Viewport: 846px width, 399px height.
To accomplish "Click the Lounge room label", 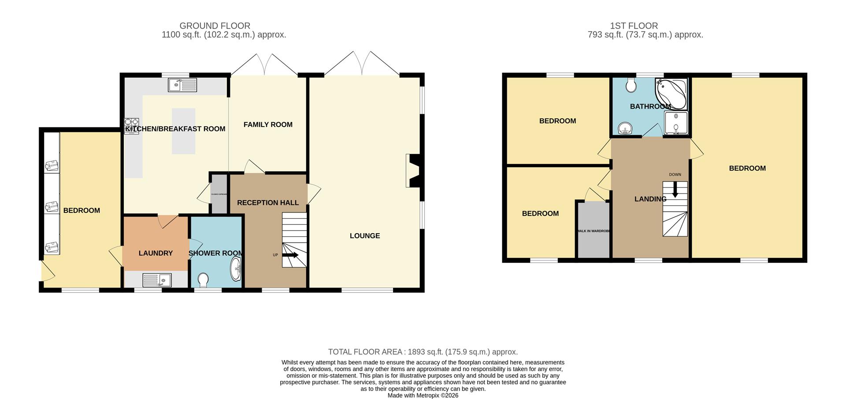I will pyautogui.click(x=364, y=236).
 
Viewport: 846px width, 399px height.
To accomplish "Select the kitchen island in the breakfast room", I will pyautogui.click(x=183, y=131).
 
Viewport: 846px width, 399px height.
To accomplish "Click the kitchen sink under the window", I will pyautogui.click(x=182, y=85).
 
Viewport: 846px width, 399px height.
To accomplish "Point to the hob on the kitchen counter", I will pyautogui.click(x=132, y=126).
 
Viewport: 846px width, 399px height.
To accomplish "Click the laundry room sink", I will pyautogui.click(x=157, y=280).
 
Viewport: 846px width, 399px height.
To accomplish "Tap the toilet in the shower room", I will pyautogui.click(x=204, y=280).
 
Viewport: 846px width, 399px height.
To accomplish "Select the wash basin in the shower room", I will pyautogui.click(x=236, y=269).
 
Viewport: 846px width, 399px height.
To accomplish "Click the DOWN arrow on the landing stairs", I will pyautogui.click(x=675, y=190).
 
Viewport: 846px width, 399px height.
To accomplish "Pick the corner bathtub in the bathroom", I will pyautogui.click(x=671, y=94).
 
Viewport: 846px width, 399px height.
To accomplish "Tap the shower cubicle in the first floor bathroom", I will pyautogui.click(x=676, y=123).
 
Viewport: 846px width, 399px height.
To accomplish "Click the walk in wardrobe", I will pyautogui.click(x=594, y=230).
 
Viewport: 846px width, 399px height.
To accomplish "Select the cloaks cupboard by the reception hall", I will pyautogui.click(x=219, y=194).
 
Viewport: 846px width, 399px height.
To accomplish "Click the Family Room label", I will pyautogui.click(x=268, y=125).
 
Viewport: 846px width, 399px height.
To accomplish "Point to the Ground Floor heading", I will pyautogui.click(x=215, y=26).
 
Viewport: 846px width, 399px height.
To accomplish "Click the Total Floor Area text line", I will pyautogui.click(x=423, y=352).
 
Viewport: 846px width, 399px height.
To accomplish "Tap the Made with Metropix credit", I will pyautogui.click(x=423, y=395).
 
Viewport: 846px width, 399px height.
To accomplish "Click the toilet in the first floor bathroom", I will pyautogui.click(x=631, y=85).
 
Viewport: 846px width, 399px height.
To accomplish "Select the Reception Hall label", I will pyautogui.click(x=268, y=203).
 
